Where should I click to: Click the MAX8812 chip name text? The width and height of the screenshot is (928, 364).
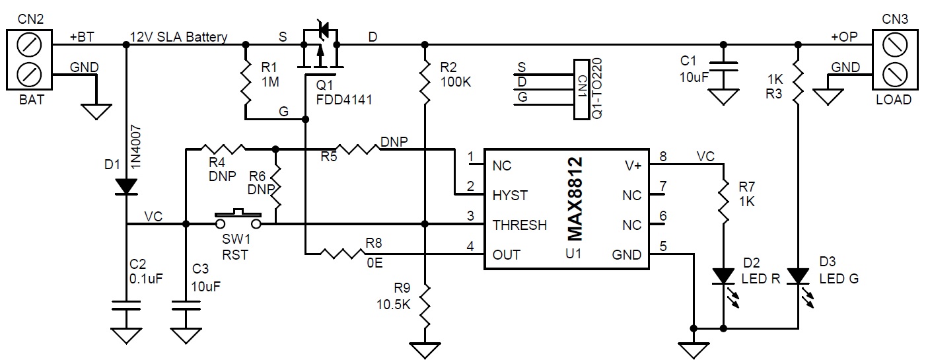coord(575,199)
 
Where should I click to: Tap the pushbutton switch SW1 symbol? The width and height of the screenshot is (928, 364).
coord(238,219)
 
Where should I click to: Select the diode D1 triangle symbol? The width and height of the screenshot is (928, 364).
coord(126,186)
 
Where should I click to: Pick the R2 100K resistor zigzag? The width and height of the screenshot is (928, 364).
coord(425,82)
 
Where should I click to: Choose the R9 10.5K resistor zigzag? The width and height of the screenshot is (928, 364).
coord(425,307)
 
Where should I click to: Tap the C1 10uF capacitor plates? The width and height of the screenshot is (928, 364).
coord(723,67)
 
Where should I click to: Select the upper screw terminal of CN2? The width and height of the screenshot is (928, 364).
coord(30,45)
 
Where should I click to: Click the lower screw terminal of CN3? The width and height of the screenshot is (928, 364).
coord(895,75)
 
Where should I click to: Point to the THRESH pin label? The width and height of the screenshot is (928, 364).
coord(520,225)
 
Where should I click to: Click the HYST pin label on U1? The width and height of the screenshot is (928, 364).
coord(509,196)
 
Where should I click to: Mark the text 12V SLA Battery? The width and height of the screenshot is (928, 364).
coord(179,37)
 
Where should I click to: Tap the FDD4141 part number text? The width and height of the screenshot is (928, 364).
coord(344,100)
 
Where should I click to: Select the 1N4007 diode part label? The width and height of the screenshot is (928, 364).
coord(136,147)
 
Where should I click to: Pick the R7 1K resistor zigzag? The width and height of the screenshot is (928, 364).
coord(724,201)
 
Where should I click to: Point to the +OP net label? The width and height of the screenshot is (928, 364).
coord(844,37)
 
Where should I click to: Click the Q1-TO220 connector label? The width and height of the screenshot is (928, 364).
coord(597,89)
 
